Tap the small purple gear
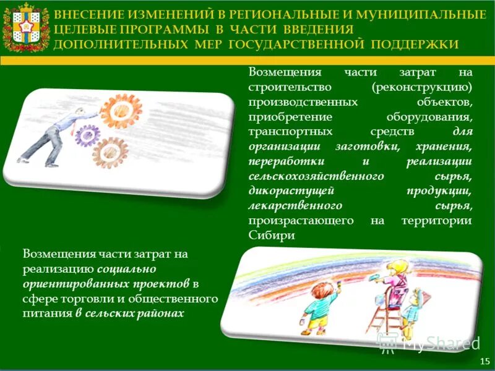[87, 132]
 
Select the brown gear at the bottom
[110, 151]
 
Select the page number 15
[484, 360]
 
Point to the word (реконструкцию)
[422, 86]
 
